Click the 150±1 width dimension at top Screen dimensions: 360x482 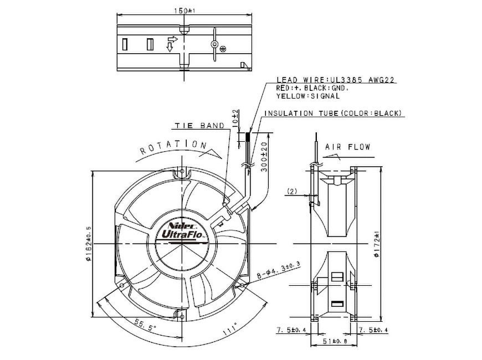pyautogui.click(x=182, y=10)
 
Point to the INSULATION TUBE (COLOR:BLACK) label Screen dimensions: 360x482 pyautogui.click(x=333, y=114)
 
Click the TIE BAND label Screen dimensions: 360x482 pyautogui.click(x=199, y=126)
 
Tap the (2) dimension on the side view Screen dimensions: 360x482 pyautogui.click(x=293, y=192)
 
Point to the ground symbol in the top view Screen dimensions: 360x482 pyautogui.click(x=222, y=48)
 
